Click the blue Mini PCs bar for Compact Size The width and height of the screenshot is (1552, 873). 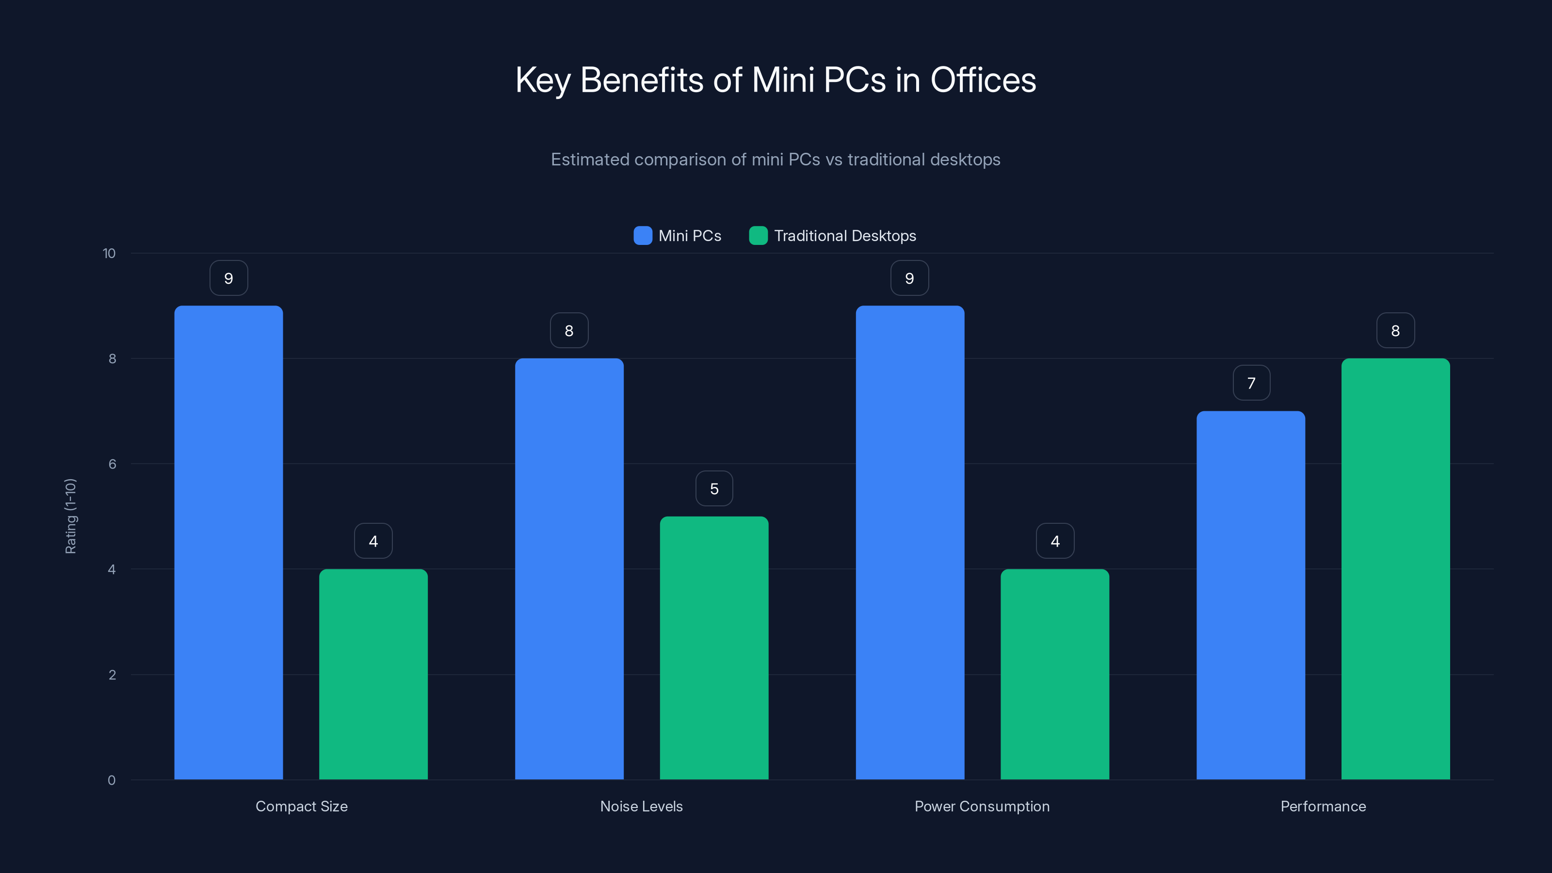(x=228, y=542)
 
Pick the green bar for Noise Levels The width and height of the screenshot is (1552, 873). (x=714, y=647)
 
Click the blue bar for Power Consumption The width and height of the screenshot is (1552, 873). (x=910, y=542)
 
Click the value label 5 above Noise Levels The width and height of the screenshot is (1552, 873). (x=714, y=488)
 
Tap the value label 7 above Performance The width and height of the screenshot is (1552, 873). (x=1251, y=383)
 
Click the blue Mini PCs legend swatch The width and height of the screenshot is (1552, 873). (x=643, y=236)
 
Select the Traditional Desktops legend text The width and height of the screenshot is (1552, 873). (x=845, y=236)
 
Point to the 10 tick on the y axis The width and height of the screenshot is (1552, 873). (x=109, y=253)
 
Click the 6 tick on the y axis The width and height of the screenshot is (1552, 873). (x=112, y=464)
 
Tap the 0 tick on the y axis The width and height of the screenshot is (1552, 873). (x=112, y=780)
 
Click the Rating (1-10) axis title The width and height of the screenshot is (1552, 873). (x=70, y=517)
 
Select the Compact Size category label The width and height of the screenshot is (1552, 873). (x=301, y=806)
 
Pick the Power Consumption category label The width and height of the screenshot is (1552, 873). (x=982, y=806)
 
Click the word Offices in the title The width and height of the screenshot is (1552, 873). (x=983, y=80)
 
